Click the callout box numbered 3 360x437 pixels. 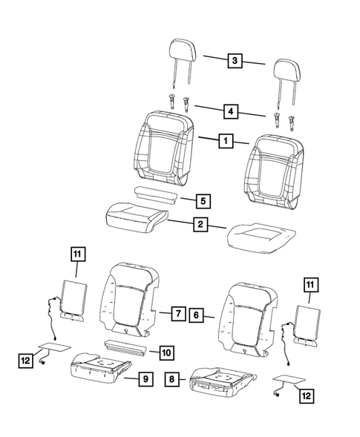pyautogui.click(x=235, y=62)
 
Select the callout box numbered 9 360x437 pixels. pyautogui.click(x=146, y=380)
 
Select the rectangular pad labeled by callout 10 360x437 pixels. pyautogui.click(x=127, y=346)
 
